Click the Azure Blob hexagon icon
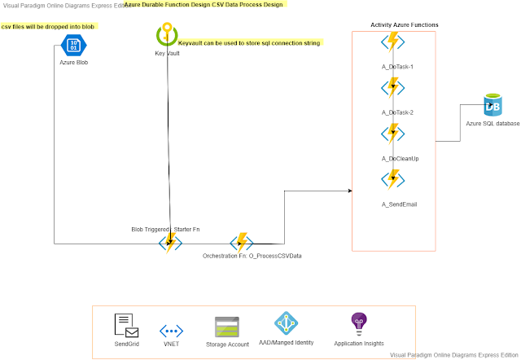(x=74, y=44)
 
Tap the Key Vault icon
(x=167, y=36)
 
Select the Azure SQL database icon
(x=492, y=104)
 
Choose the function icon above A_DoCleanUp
(x=392, y=134)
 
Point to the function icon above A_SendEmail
(x=392, y=179)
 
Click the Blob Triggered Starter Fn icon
(x=171, y=243)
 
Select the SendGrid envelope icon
(x=126, y=326)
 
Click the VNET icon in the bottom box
(x=171, y=330)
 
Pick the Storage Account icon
(x=226, y=327)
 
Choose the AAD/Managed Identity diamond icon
(x=287, y=324)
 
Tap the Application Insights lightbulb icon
(x=359, y=323)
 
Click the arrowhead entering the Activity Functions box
(x=349, y=191)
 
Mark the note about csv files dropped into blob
(x=48, y=27)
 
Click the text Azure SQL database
(x=492, y=123)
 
